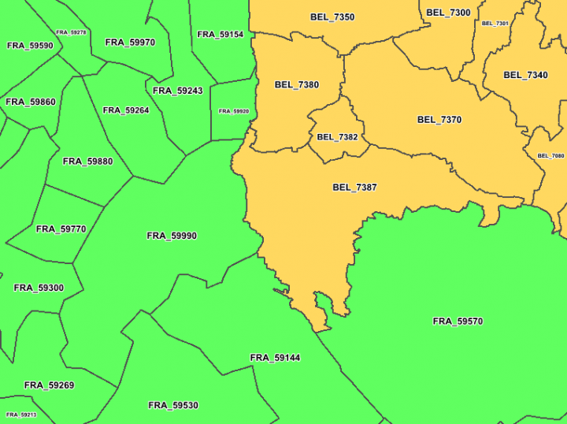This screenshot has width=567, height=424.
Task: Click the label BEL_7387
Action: (x=354, y=188)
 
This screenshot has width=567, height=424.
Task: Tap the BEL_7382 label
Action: (x=337, y=137)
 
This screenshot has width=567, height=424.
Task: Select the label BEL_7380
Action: (x=297, y=85)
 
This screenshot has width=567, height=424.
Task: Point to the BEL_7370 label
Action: (x=439, y=120)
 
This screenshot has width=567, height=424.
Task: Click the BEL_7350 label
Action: (x=332, y=17)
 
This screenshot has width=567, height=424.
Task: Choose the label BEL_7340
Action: (x=525, y=76)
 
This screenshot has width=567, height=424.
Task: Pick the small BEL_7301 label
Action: (x=495, y=24)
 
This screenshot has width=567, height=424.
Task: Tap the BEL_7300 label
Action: (x=448, y=13)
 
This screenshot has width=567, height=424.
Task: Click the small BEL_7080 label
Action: (x=550, y=156)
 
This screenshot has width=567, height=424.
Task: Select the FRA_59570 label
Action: (x=458, y=322)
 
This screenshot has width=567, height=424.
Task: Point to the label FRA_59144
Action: (x=275, y=358)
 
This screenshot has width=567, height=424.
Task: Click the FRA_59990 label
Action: (x=172, y=236)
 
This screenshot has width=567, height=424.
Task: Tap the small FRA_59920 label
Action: (x=234, y=111)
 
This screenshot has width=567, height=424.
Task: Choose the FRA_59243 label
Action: (x=178, y=91)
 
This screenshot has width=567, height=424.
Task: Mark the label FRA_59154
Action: (x=220, y=35)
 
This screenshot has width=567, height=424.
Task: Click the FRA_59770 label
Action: (x=61, y=229)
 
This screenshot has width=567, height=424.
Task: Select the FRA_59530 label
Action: (x=173, y=406)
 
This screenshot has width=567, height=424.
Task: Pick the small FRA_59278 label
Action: (x=71, y=32)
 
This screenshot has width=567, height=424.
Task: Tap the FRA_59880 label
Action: (x=87, y=162)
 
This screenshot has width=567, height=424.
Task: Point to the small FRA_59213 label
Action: (x=21, y=415)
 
